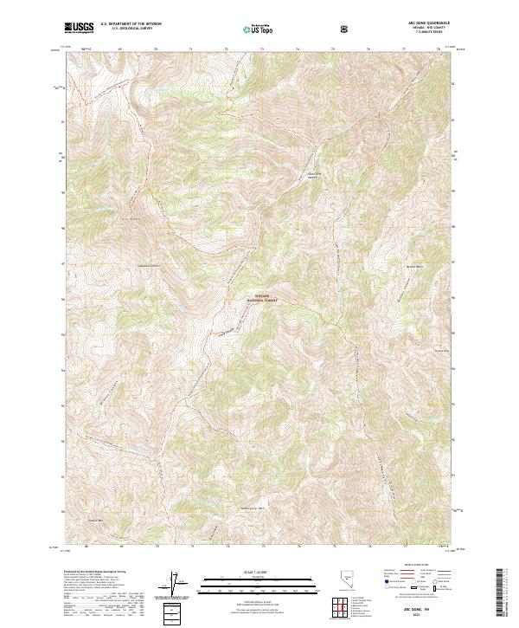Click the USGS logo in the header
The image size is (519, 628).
click(x=80, y=28)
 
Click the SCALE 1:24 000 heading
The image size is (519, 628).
click(x=246, y=570)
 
